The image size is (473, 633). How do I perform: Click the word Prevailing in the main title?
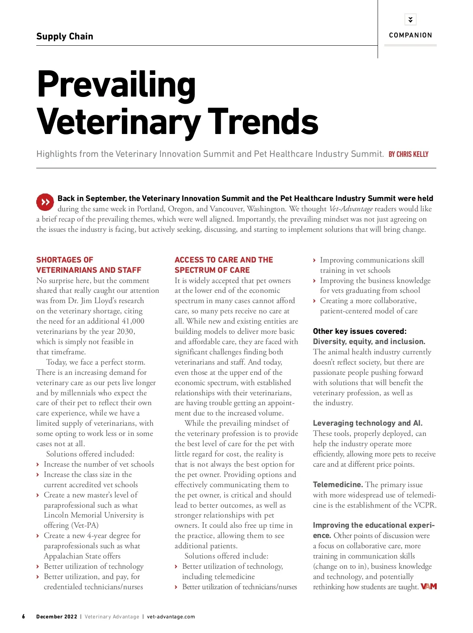[x=116, y=85]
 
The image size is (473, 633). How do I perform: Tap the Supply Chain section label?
[x=65, y=36]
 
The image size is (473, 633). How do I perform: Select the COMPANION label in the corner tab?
[x=410, y=35]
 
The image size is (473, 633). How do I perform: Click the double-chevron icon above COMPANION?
[x=410, y=19]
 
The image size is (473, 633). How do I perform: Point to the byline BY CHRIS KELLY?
[x=408, y=154]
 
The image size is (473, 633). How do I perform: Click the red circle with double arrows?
[x=45, y=202]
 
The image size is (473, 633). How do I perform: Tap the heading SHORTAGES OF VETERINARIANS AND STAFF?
[x=89, y=265]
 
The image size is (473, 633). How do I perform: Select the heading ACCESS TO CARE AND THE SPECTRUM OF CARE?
[x=223, y=265]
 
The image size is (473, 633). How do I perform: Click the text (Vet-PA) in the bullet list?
[x=85, y=525]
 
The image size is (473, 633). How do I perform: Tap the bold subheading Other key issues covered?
[x=359, y=331]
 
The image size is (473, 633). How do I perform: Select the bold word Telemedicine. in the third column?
[x=338, y=484]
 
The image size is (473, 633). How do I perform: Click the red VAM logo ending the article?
[x=429, y=586]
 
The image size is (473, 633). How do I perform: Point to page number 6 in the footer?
[x=24, y=616]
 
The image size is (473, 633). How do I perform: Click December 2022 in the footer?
[x=57, y=616]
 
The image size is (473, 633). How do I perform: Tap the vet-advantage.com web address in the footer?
[x=171, y=616]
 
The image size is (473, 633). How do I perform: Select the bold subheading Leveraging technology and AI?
[x=367, y=423]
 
